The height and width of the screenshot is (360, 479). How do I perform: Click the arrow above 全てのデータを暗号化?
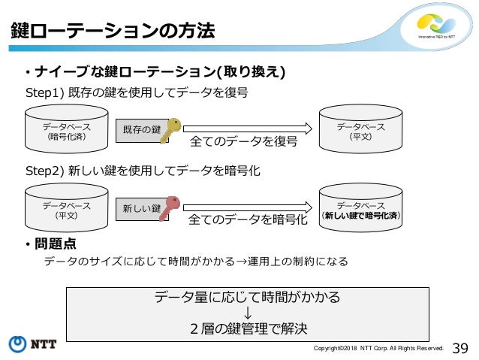point(247,203)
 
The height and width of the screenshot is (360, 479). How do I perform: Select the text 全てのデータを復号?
point(244,141)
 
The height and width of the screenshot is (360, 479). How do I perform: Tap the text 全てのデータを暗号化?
point(248,219)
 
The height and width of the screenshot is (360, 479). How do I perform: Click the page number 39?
point(461,347)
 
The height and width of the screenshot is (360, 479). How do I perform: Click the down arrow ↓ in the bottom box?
point(247,313)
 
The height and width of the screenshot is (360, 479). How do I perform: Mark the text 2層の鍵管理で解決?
point(247,328)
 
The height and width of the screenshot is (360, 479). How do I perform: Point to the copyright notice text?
point(378,349)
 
